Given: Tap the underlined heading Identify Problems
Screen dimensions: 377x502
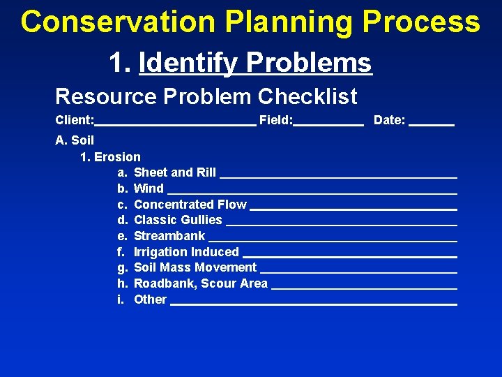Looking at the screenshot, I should (255, 63).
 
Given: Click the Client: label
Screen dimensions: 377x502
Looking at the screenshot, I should (75, 121).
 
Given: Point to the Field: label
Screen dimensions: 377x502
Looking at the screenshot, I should (275, 121).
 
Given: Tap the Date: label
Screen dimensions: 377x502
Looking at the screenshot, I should (389, 121).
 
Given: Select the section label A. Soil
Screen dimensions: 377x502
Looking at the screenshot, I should (75, 141).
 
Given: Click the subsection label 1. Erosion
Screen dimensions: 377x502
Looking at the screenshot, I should (110, 157).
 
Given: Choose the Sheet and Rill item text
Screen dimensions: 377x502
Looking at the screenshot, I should (174, 172).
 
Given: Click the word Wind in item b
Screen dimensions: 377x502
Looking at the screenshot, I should (149, 188).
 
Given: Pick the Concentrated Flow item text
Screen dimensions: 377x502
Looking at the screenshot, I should (190, 205).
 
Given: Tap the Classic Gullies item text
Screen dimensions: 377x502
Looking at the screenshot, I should (178, 220).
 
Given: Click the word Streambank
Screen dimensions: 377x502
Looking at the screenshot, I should (169, 236).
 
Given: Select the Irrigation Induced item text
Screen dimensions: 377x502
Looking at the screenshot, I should (186, 252).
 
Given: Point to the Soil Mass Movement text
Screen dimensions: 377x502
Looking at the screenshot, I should (195, 267).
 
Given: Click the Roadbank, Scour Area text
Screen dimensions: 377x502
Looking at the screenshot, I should (200, 283).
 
